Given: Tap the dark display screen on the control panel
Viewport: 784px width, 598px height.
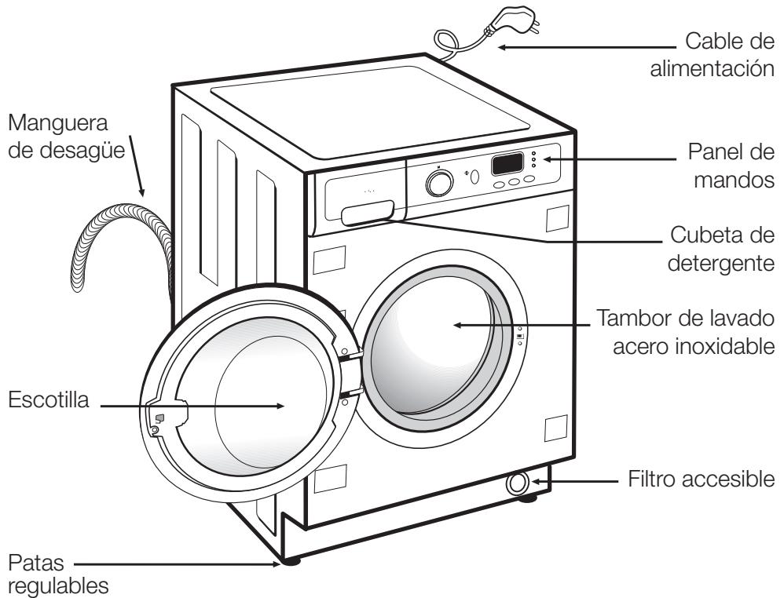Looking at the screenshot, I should pyautogui.click(x=508, y=164).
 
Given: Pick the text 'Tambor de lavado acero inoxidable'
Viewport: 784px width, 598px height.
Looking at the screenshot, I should pyautogui.click(x=687, y=332).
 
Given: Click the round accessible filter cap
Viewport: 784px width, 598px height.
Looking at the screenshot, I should pyautogui.click(x=517, y=484).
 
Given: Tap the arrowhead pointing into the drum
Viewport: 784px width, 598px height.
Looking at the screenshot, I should pyautogui.click(x=456, y=326).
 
